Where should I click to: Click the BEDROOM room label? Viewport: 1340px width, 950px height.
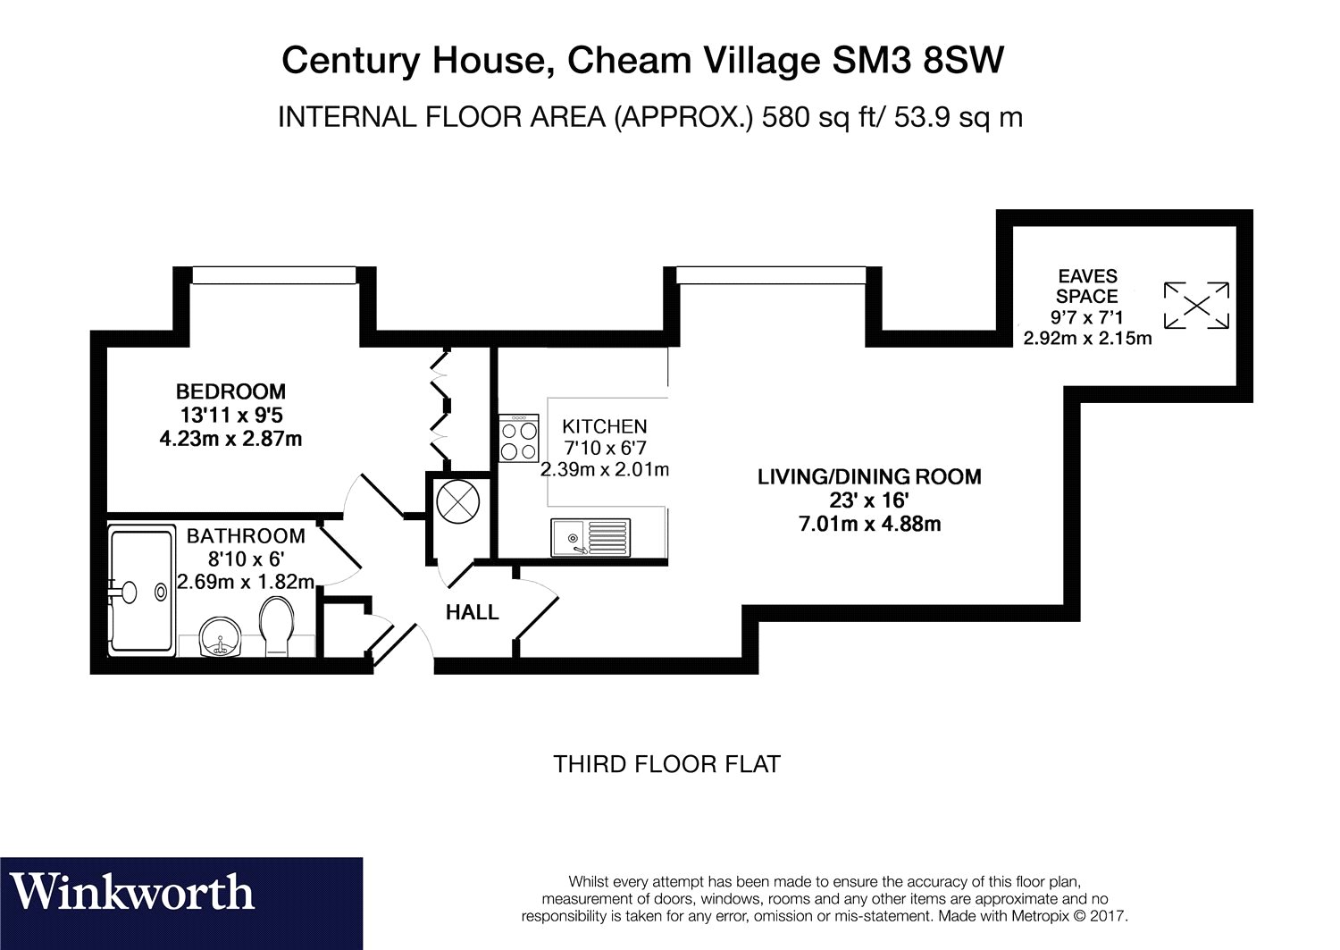click(230, 391)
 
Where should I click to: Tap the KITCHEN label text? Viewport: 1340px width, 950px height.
click(604, 427)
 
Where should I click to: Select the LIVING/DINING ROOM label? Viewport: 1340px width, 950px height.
click(868, 477)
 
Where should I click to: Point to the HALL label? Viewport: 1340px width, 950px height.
click(472, 613)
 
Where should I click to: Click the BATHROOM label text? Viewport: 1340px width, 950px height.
click(246, 536)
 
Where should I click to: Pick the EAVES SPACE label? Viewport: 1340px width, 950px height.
click(1086, 287)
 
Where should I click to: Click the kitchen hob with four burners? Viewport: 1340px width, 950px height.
click(519, 438)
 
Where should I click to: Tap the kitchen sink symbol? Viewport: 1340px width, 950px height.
click(590, 536)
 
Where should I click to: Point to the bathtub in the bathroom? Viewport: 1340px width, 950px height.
click(141, 590)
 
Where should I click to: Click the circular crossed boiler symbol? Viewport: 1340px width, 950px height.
click(458, 500)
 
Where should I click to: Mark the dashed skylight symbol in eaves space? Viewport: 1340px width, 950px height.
click(1195, 306)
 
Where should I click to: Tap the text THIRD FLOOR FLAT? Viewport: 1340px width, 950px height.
click(666, 764)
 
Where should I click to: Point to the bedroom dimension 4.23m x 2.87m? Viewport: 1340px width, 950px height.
click(230, 439)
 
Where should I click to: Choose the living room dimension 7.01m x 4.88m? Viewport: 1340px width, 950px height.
click(868, 524)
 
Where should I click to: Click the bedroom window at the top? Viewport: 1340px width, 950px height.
click(273, 274)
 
